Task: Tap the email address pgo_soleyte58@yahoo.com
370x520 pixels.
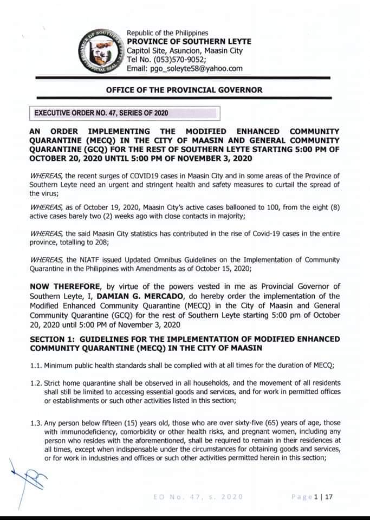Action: (185, 68)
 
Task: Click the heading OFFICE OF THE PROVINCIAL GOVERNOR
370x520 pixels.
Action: (184, 90)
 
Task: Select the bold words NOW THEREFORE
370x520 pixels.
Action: (60, 287)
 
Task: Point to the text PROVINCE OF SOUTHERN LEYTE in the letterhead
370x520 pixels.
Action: (189, 42)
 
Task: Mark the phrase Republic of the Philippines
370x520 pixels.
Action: (167, 33)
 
